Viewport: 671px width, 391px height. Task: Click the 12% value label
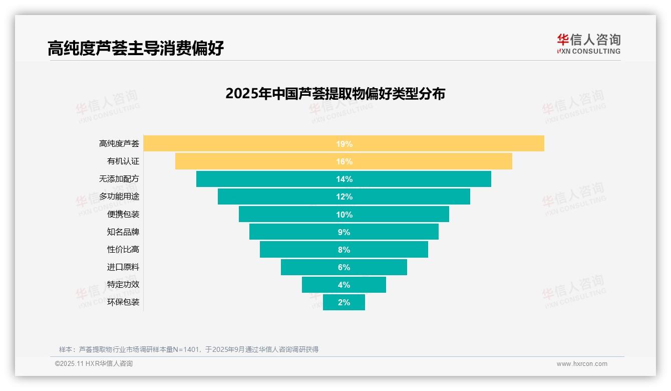(x=344, y=197)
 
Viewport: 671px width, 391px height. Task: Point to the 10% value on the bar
(x=344, y=215)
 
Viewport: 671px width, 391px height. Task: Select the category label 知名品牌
(x=123, y=232)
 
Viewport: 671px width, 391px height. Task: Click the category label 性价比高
(x=123, y=250)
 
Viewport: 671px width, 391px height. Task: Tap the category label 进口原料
(x=123, y=267)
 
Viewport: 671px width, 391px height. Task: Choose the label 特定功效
(x=123, y=285)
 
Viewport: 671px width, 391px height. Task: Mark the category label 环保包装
(x=123, y=302)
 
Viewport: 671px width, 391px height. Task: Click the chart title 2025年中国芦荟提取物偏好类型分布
(x=335, y=94)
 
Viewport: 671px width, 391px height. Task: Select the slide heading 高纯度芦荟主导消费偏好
(x=135, y=49)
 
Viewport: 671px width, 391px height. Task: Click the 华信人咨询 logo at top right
(x=588, y=44)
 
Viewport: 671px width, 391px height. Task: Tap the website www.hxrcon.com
(x=582, y=364)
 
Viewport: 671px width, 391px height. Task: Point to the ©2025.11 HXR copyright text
(x=94, y=364)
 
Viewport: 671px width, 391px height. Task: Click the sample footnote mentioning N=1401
(x=188, y=349)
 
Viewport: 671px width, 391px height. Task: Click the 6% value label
(x=344, y=267)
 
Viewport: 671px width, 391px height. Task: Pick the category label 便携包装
(x=123, y=215)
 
